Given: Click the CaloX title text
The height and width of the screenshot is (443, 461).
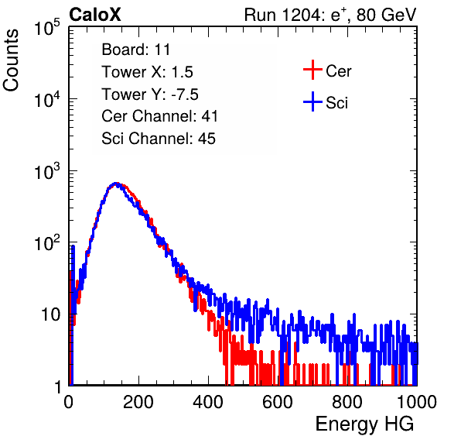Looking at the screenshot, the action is coord(94,15).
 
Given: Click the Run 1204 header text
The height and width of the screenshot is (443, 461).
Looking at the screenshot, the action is coord(330,15).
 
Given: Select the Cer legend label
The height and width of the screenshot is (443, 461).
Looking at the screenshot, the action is coord(338,71).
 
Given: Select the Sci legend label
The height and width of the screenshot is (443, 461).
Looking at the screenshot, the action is coord(336,103).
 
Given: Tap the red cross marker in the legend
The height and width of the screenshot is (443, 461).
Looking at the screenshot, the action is coord(312,70).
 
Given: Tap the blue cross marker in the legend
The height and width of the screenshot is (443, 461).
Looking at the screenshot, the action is coord(312,102).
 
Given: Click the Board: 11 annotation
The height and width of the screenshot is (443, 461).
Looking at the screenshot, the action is coord(136,50).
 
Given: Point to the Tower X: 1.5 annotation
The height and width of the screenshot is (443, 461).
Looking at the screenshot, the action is coord(147,72).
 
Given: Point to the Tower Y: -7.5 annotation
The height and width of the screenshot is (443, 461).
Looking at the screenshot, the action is coord(150,94).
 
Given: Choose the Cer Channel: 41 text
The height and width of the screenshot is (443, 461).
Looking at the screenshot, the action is coord(159,116).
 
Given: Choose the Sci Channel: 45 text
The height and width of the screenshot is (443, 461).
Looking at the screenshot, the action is coord(159,139).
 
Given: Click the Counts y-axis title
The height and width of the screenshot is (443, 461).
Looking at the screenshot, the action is coord(11,60).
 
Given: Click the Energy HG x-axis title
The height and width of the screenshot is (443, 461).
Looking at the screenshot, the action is coord(364,424).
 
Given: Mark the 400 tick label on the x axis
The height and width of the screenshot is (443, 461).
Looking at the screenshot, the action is coord(208,402).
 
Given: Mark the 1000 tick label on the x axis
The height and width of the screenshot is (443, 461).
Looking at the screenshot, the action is coord(417,402).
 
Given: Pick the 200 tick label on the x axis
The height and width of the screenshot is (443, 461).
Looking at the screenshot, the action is coord(138,402).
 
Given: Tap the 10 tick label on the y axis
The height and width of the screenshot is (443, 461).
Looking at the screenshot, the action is coord(51,315).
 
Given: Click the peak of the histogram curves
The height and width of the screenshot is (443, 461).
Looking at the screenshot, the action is coord(117,184).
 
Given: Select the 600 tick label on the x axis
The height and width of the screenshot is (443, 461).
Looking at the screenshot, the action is coord(278,402).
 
